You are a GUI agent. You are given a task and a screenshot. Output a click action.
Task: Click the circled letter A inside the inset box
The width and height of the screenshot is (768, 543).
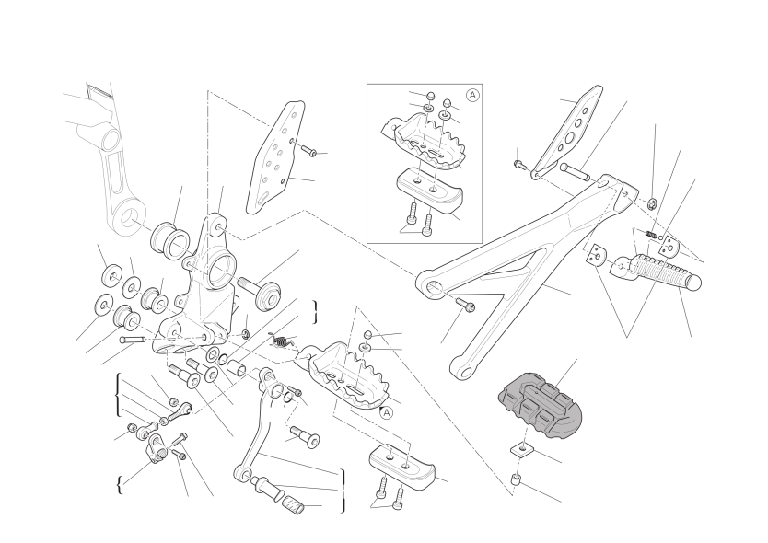pos(472,95)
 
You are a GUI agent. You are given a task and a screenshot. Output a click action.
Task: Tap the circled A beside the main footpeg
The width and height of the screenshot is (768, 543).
pos(387,412)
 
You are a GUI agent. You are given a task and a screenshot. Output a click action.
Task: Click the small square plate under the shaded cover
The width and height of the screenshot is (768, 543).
pos(523,448)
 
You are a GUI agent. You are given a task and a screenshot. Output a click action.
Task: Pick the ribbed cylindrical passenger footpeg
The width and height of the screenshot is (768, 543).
pos(657,271)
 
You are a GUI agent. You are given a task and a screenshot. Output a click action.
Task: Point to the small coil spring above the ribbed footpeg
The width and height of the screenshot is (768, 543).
pos(650,235)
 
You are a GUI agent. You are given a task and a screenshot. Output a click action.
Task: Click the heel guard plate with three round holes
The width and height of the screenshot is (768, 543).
pos(568,132)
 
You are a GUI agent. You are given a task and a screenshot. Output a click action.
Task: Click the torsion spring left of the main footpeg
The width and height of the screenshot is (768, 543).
pos(281,340)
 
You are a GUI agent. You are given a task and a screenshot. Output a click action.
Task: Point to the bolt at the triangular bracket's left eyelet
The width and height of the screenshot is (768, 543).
pos(465,304)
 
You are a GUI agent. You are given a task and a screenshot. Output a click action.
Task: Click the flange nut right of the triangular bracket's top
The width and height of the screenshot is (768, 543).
pos(652,202)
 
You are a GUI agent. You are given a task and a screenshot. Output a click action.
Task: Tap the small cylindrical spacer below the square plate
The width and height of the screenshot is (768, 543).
pos(517,479)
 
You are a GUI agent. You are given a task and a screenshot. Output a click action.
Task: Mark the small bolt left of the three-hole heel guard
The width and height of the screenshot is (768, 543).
pos(519,165)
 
